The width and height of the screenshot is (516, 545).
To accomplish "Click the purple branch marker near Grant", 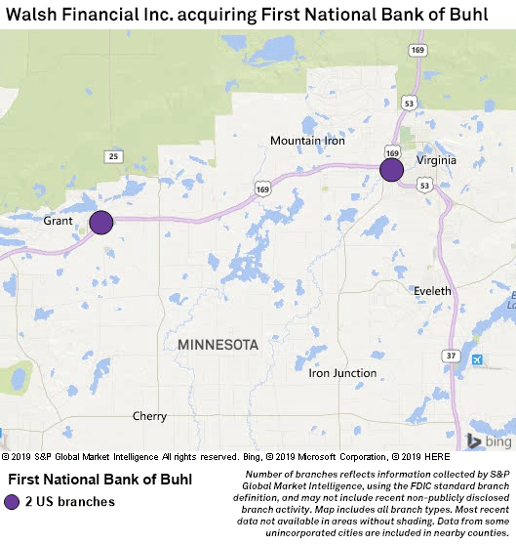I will pos(101,223).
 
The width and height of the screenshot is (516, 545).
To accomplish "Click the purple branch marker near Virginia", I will pos(391,170).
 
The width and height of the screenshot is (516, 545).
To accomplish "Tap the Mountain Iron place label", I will pos(307,141).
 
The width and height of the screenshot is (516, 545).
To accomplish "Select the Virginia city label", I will pos(437,159).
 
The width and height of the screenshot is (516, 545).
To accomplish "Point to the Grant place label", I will pos(60,222).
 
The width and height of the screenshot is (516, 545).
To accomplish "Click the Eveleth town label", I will pos(432,291).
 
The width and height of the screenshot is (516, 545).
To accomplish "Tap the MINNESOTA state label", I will pos(218,345).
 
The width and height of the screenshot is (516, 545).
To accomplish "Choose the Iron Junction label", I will pos(342,373).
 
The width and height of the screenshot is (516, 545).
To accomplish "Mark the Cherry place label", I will pos(149,416).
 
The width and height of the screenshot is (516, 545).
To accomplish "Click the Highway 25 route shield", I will pos(114,155).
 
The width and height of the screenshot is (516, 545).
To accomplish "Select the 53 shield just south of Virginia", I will pos(423,184).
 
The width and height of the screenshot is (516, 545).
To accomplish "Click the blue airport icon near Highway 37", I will pos(476,361).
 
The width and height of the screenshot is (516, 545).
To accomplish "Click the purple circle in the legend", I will pos(12,502).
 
